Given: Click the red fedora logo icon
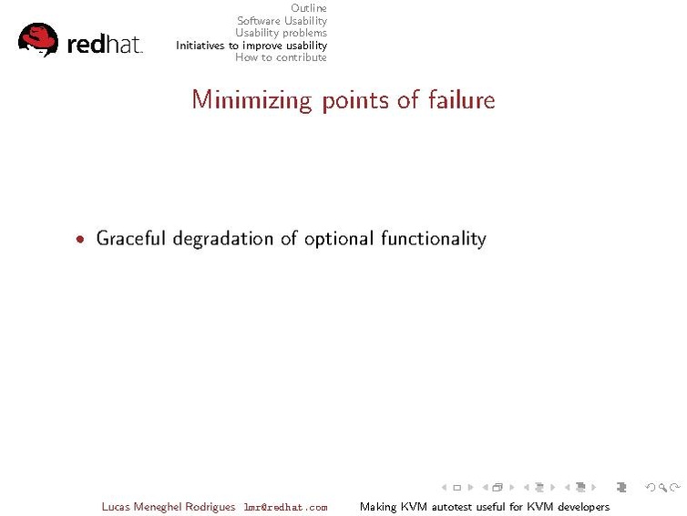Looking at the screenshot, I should click(x=38, y=41).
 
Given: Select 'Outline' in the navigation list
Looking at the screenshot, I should click(x=308, y=8).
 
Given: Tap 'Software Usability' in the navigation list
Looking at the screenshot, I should click(x=282, y=21).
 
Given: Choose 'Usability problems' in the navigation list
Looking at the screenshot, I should click(x=281, y=33).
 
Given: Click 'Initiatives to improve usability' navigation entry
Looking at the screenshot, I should click(x=251, y=46).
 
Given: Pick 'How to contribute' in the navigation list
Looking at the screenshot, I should click(x=281, y=57).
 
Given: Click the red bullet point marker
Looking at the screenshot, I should click(x=82, y=240).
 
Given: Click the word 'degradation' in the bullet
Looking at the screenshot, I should click(x=223, y=239).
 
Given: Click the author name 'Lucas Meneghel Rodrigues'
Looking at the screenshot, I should click(x=168, y=507).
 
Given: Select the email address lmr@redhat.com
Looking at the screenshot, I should click(x=285, y=507).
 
